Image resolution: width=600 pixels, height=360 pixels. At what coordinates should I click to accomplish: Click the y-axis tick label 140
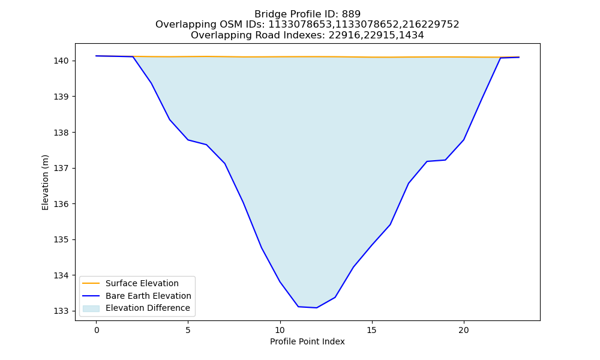pyautogui.click(x=61, y=61)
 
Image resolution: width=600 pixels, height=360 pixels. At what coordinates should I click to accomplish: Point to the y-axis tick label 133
pyautogui.click(x=61, y=311)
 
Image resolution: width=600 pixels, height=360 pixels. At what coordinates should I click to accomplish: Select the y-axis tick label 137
pyautogui.click(x=61, y=169)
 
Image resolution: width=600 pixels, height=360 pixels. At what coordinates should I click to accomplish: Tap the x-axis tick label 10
pyautogui.click(x=280, y=330)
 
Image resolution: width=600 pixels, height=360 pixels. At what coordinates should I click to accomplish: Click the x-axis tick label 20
pyautogui.click(x=464, y=330)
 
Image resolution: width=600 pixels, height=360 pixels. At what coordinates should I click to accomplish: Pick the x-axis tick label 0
pyautogui.click(x=97, y=330)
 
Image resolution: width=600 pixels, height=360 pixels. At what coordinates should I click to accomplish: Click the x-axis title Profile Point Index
pyautogui.click(x=307, y=341)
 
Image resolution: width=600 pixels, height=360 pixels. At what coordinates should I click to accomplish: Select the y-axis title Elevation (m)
pyautogui.click(x=45, y=182)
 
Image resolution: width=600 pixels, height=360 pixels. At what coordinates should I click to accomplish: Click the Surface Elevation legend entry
pyautogui.click(x=142, y=283)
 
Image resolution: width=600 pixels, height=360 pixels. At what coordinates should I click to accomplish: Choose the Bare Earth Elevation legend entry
pyautogui.click(x=148, y=296)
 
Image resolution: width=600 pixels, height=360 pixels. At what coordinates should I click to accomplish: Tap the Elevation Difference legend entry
pyautogui.click(x=148, y=308)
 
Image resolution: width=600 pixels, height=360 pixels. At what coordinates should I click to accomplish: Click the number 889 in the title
pyautogui.click(x=351, y=14)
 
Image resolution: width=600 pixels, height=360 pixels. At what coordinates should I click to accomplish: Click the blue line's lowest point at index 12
pyautogui.click(x=316, y=308)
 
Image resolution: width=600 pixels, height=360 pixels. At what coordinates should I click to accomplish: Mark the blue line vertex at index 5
pyautogui.click(x=188, y=140)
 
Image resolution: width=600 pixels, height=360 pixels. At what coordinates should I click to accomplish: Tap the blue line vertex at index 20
pyautogui.click(x=464, y=140)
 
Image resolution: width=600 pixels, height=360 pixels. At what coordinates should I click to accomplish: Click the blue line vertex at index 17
pyautogui.click(x=409, y=183)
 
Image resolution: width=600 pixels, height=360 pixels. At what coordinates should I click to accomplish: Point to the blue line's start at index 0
pyautogui.click(x=97, y=56)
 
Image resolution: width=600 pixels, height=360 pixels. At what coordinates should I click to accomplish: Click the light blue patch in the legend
pyautogui.click(x=91, y=308)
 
